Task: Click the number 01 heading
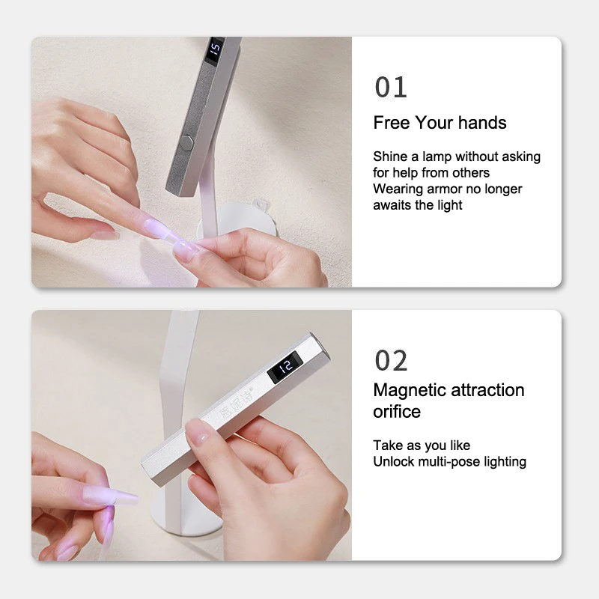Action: [x=391, y=87]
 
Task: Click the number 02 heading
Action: [x=391, y=360]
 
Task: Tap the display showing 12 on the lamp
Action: [x=285, y=367]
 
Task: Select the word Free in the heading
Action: [x=392, y=123]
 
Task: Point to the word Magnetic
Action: [x=410, y=391]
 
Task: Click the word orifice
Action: [x=397, y=412]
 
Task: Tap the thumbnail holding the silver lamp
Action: [x=199, y=437]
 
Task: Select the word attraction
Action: [x=487, y=390]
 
